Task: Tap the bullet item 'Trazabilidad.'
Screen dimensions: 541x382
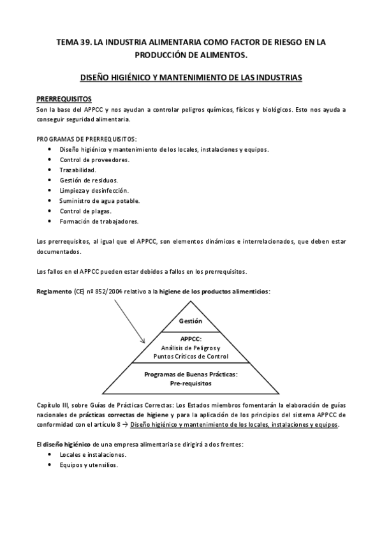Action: coord(78,170)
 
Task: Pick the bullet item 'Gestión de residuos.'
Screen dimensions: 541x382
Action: coord(89,180)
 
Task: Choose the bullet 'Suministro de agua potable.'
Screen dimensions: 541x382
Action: coord(99,200)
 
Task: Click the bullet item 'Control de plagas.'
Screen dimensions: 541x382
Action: coord(85,211)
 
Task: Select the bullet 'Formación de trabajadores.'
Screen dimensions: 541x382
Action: coord(99,221)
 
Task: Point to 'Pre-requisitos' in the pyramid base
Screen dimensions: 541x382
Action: coord(191,383)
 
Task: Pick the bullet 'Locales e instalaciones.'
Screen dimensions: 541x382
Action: coord(92,454)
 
